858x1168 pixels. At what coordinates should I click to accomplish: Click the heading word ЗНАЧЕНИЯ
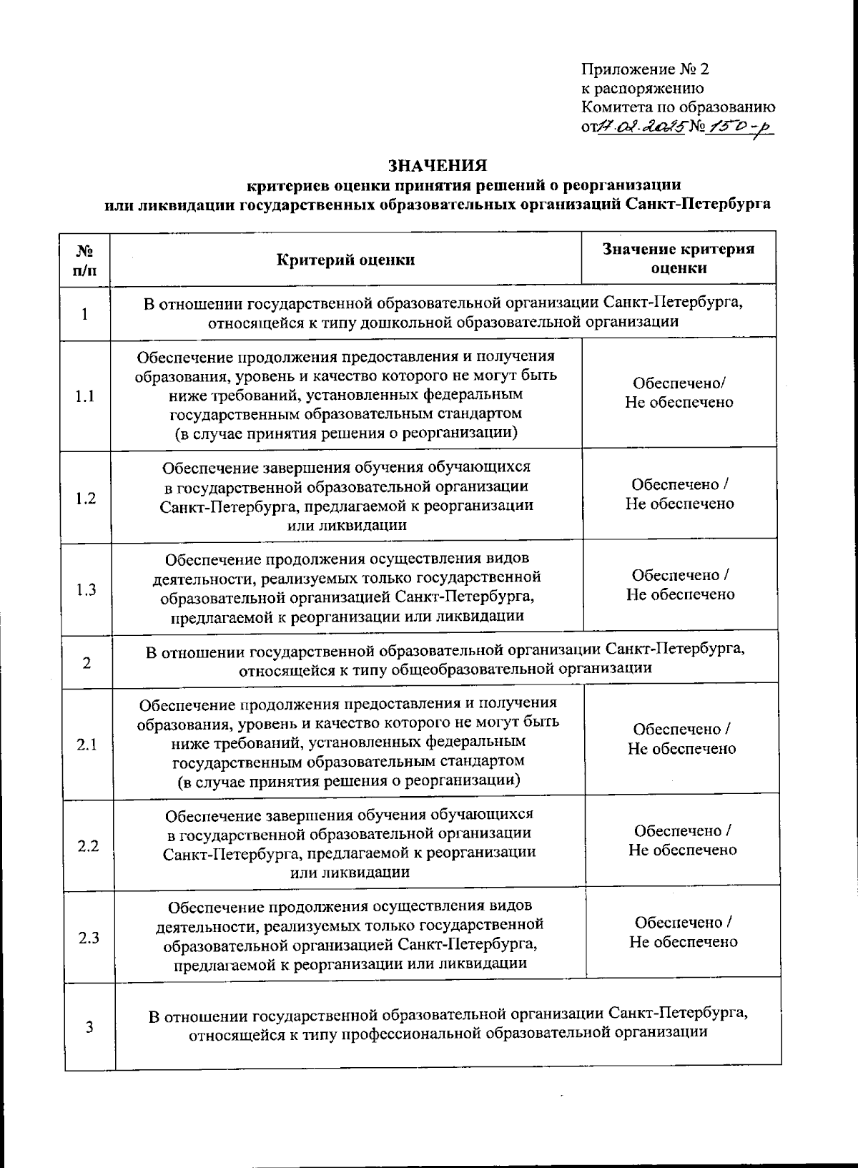pos(437,166)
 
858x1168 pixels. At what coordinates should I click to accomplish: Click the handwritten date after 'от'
pos(641,127)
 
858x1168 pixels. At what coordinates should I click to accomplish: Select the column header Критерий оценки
pos(346,260)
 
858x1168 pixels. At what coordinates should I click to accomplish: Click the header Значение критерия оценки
pos(679,258)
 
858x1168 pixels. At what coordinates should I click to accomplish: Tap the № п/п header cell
pos(84,260)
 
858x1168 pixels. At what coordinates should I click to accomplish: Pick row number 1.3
pos(86,589)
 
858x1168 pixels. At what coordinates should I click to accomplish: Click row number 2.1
pos(87,745)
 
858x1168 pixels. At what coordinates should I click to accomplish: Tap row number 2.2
pos(88,846)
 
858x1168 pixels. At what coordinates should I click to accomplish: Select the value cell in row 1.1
pos(679,393)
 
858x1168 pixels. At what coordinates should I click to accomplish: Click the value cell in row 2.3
pos(683,933)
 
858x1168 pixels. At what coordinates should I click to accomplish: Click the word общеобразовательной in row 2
pos(487,669)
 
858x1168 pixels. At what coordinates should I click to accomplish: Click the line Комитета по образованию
pos(679,107)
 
